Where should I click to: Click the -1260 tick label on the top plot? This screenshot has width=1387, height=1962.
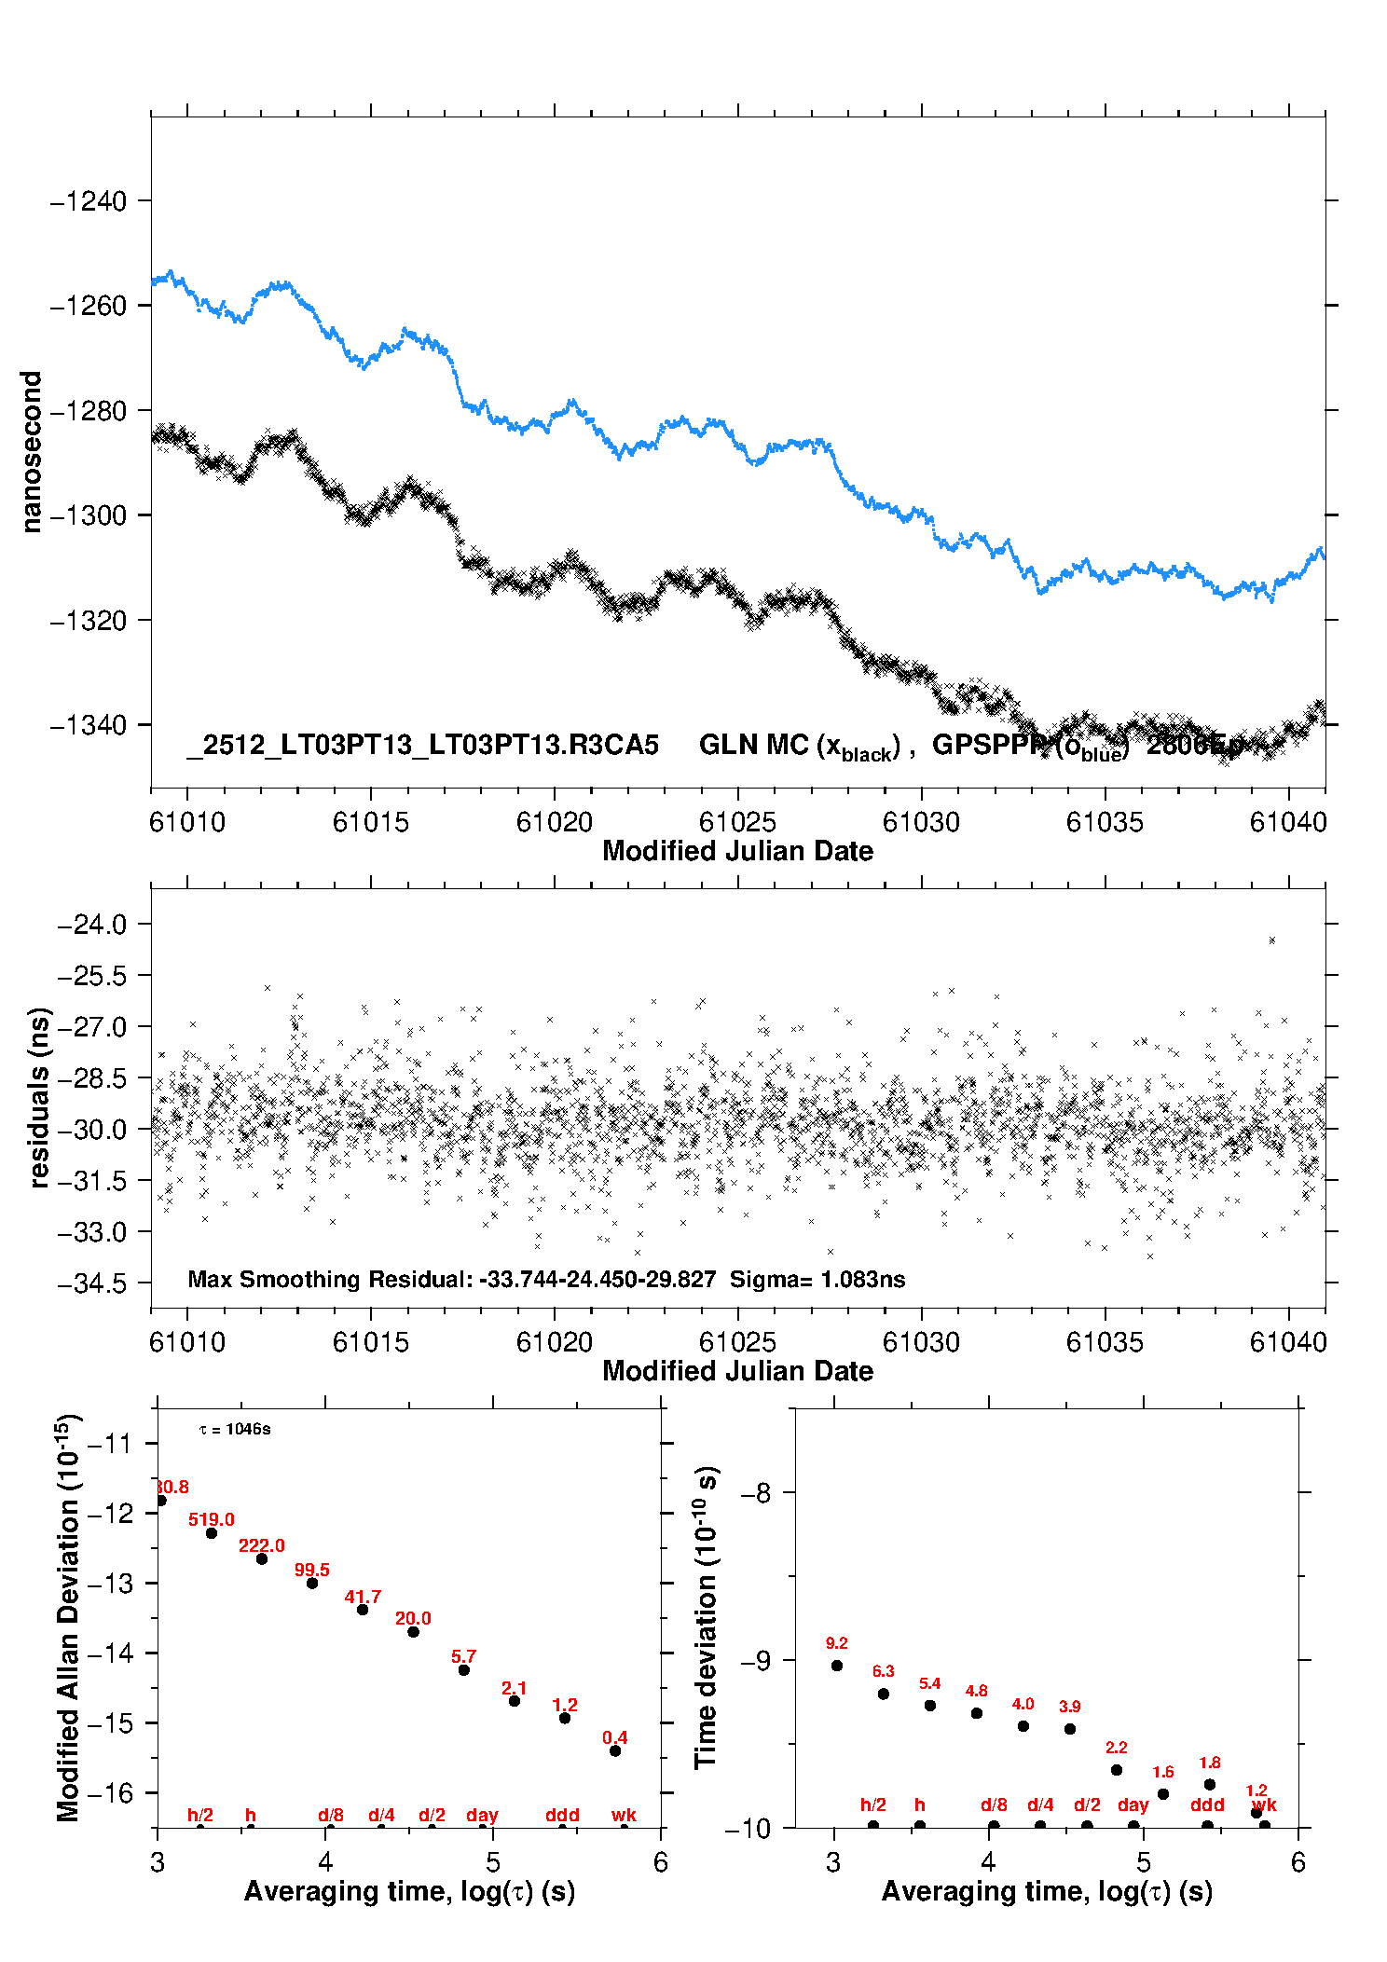[x=88, y=306]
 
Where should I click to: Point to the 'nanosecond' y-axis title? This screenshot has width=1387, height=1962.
[x=32, y=451]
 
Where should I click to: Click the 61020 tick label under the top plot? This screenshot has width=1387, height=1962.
[x=554, y=822]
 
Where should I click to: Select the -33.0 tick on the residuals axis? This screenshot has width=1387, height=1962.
[x=91, y=1232]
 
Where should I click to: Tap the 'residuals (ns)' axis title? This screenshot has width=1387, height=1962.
[x=39, y=1098]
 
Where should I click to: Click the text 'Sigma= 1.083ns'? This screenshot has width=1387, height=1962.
[x=817, y=1279]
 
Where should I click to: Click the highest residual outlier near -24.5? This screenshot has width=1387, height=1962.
[x=1271, y=940]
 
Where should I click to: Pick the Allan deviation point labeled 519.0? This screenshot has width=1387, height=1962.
[x=212, y=1533]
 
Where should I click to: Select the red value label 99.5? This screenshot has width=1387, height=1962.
[x=312, y=1570]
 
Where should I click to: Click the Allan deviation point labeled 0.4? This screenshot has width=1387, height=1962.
[x=615, y=1750]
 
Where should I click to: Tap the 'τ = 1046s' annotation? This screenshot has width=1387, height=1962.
[x=235, y=1430]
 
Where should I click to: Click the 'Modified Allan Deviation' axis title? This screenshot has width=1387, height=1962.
[x=68, y=1617]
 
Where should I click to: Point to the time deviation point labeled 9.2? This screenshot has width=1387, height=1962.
[x=837, y=1666]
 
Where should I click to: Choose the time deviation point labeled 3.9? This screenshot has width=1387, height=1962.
[x=1070, y=1729]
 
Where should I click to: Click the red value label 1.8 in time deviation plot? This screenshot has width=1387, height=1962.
[x=1210, y=1763]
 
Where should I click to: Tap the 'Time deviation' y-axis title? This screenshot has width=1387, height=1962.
[x=706, y=1617]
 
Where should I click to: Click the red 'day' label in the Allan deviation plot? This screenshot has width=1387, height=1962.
[x=482, y=1815]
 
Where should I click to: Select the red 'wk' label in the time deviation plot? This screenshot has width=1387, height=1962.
[x=1264, y=1805]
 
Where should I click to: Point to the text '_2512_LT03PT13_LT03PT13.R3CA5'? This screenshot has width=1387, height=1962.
[x=423, y=745]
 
